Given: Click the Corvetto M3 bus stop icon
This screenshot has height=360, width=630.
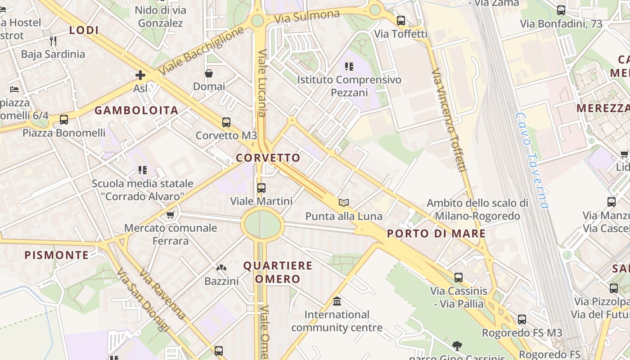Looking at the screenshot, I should pyautogui.click(x=226, y=122).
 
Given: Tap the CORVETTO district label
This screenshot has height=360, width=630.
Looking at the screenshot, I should pyautogui.click(x=268, y=158).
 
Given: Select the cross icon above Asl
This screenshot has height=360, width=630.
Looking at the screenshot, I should pyautogui.click(x=140, y=75).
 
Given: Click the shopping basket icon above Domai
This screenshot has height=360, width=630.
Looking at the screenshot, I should pyautogui.click(x=209, y=73).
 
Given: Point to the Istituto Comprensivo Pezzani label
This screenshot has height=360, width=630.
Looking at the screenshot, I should pyautogui.click(x=349, y=86).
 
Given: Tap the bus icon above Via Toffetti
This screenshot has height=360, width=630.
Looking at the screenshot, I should pyautogui.click(x=400, y=20).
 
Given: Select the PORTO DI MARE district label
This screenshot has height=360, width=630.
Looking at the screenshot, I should pyautogui.click(x=436, y=234).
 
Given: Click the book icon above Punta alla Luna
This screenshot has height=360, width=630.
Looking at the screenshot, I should pyautogui.click(x=344, y=202).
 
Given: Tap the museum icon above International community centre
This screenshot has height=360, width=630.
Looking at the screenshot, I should pyautogui.click(x=337, y=301).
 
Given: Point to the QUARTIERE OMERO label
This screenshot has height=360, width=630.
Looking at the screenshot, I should pyautogui.click(x=278, y=272).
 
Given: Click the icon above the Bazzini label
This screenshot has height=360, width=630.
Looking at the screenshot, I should pyautogui.click(x=221, y=268).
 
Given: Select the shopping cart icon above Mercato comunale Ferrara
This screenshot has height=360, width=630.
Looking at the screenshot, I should pyautogui.click(x=170, y=215).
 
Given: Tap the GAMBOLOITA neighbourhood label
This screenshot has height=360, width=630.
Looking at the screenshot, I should pyautogui.click(x=136, y=110).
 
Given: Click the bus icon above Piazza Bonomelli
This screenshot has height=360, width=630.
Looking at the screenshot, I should pyautogui.click(x=64, y=119).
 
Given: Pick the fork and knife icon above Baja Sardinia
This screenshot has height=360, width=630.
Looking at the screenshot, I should pyautogui.click(x=53, y=41).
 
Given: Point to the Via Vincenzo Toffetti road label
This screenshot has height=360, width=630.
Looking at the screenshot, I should pyautogui.click(x=448, y=120).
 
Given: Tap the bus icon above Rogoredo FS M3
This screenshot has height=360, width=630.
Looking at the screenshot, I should pyautogui.click(x=522, y=319).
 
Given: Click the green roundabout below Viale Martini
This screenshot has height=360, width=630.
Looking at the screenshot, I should pyautogui.click(x=262, y=224).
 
